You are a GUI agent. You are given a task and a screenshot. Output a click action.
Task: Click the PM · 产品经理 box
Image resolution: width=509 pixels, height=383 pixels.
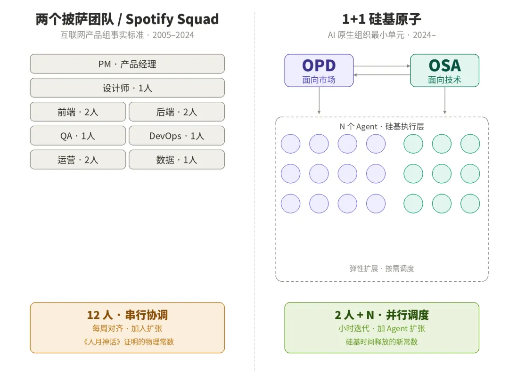tap(127, 64)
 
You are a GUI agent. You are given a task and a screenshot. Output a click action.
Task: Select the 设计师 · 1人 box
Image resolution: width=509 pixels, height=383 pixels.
tap(127, 88)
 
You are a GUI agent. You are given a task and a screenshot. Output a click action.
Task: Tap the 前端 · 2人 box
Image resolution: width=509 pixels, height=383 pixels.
tap(78, 112)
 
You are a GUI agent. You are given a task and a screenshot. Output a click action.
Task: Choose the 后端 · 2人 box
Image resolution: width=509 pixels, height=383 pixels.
tap(177, 112)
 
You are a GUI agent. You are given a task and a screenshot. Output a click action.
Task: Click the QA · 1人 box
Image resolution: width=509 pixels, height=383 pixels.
tap(78, 136)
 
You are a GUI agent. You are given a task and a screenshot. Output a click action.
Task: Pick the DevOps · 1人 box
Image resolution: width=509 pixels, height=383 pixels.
tap(177, 136)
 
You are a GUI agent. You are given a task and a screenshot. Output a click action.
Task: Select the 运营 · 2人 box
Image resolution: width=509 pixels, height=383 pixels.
tap(78, 159)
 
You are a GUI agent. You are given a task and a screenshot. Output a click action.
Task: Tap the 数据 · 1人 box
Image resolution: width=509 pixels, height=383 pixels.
tap(177, 159)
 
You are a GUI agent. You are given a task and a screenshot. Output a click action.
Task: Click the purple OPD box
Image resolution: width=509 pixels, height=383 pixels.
tap(319, 71)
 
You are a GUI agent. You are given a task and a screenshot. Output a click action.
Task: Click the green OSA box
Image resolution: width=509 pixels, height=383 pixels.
tap(445, 71)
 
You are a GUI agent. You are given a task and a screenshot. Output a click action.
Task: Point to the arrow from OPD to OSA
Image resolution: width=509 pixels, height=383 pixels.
tap(382, 66)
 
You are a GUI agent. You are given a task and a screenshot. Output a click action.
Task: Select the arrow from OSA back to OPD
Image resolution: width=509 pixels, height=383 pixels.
tap(382, 74)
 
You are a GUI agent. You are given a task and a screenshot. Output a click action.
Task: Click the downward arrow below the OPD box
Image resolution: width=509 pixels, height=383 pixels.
tap(319, 101)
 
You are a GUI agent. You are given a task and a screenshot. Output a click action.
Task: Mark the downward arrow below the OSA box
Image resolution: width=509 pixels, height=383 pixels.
tap(445, 101)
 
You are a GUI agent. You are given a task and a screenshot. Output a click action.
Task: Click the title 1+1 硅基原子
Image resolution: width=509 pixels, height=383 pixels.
tap(382, 19)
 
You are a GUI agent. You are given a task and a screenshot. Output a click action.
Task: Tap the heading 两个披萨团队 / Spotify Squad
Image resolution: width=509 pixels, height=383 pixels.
tap(127, 19)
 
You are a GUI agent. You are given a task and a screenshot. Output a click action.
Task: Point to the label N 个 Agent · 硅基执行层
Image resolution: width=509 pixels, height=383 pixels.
tap(382, 126)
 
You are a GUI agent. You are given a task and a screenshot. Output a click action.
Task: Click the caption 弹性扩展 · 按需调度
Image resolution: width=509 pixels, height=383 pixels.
tap(382, 269)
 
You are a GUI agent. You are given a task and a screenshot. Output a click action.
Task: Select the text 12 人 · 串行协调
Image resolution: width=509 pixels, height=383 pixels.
tap(127, 315)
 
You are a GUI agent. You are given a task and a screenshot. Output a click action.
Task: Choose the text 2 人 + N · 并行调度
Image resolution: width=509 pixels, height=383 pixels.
tap(382, 315)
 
